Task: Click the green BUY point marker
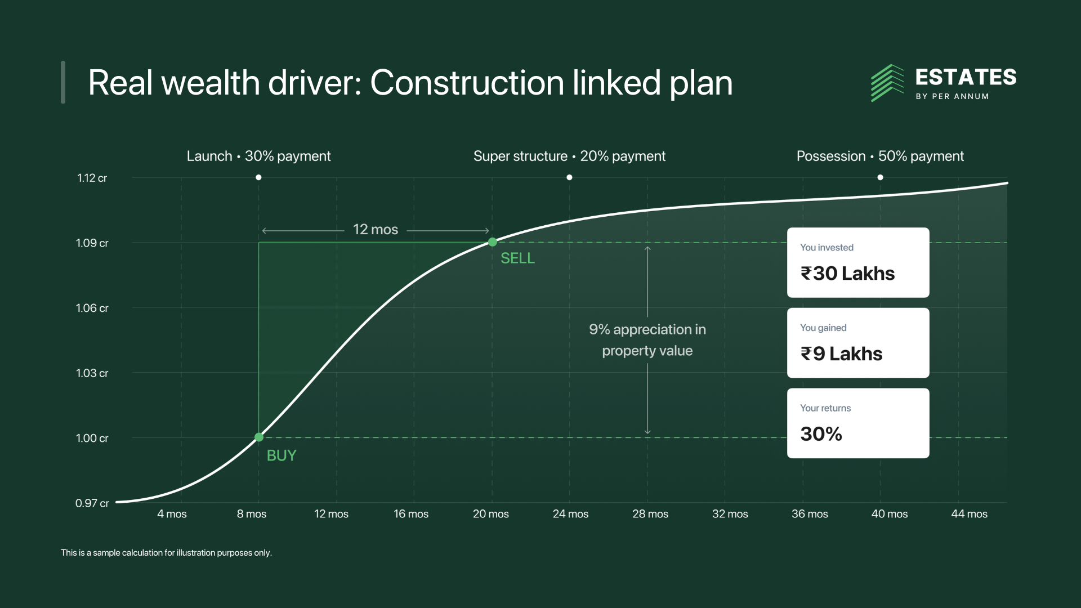(x=259, y=437)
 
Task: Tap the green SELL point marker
(x=493, y=242)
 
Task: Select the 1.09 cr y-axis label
(x=92, y=243)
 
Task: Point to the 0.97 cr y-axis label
(x=92, y=503)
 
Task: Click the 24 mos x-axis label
(x=570, y=514)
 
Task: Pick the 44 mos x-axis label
(x=969, y=514)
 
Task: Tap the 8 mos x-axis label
(x=252, y=514)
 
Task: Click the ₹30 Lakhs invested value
(x=847, y=274)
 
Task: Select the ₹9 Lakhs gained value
(x=841, y=354)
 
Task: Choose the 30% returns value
(x=821, y=434)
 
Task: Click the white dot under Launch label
(x=258, y=177)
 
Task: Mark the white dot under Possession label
(x=880, y=177)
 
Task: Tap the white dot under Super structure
(x=569, y=177)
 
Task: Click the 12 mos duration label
(x=376, y=230)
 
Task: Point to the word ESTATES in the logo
(x=966, y=77)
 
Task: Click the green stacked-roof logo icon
(x=887, y=83)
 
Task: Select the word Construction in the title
(x=467, y=83)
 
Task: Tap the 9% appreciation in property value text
(x=647, y=340)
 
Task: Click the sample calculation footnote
(x=166, y=553)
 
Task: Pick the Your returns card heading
(x=825, y=408)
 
